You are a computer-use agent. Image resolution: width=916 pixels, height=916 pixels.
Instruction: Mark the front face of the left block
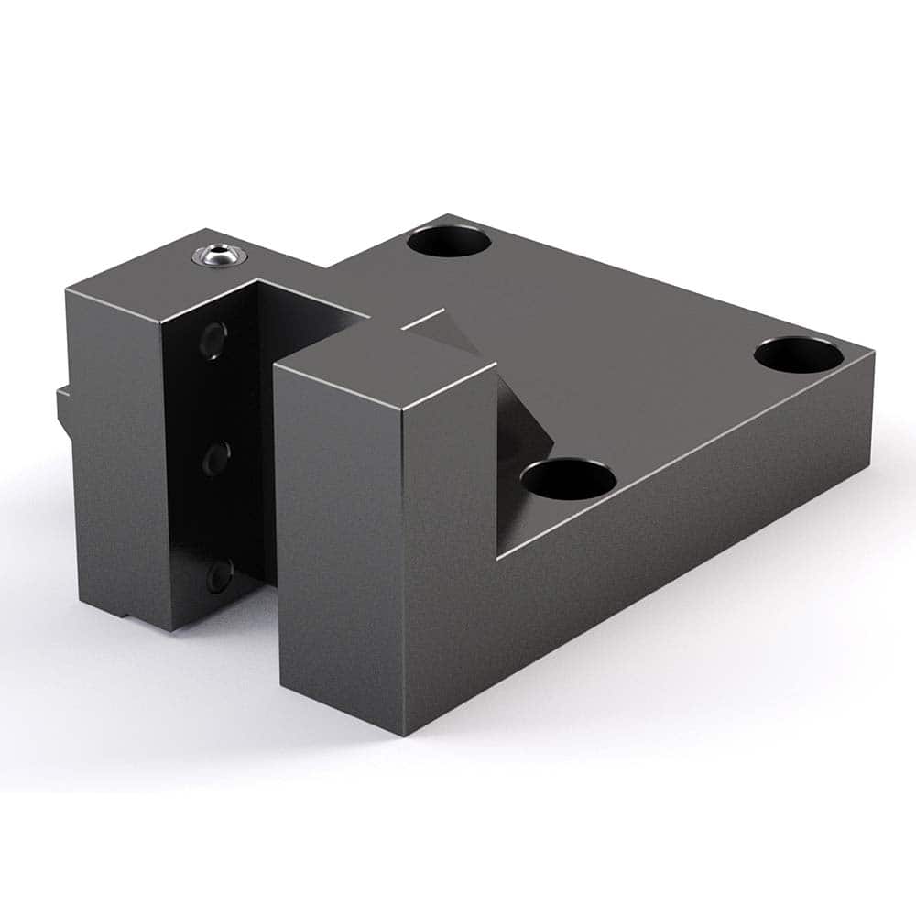(119, 458)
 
